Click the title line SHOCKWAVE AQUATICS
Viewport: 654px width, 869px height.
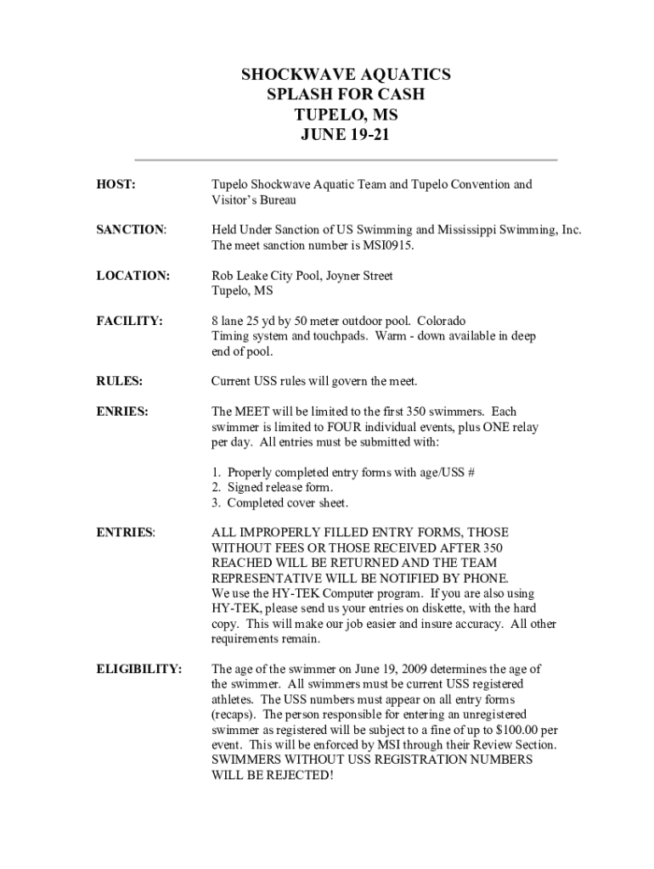346,75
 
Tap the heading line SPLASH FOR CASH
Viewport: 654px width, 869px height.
346,94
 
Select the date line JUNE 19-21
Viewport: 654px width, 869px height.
346,134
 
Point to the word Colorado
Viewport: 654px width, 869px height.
441,321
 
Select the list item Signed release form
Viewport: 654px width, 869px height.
272,487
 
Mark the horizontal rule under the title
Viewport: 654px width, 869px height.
347,160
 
